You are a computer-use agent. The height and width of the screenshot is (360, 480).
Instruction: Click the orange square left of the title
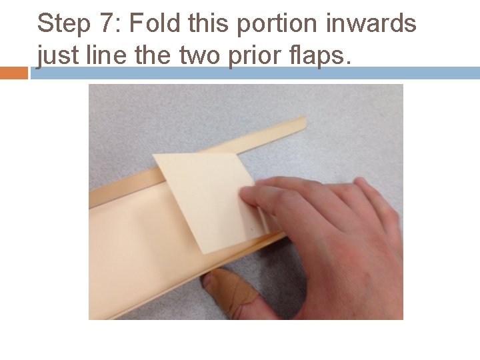pos(14,73)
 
